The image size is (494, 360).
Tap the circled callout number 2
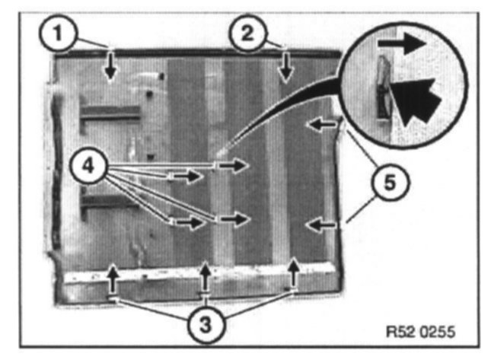pos(248,33)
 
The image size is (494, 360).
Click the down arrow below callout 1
pos(111,66)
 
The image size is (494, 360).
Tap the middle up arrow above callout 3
pos(206,278)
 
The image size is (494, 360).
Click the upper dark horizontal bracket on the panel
pos(110,113)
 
